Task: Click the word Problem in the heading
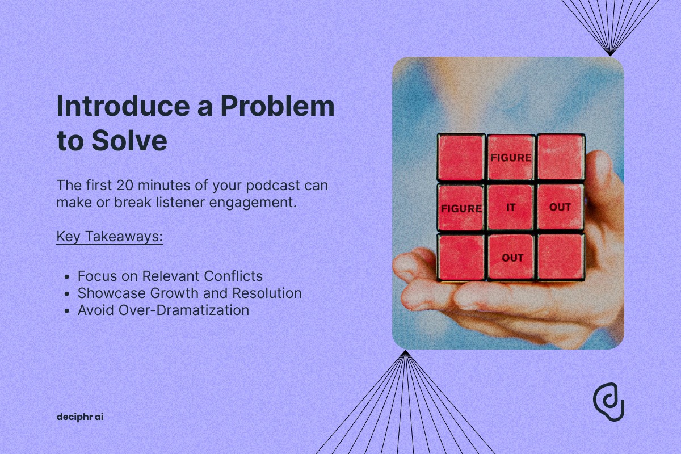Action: [278, 106]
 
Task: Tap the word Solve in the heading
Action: [129, 140]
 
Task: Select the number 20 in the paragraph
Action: [125, 186]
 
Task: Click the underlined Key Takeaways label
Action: [110, 237]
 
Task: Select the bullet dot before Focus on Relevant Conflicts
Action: [67, 277]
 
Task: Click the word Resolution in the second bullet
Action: [267, 293]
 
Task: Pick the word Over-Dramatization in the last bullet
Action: [184, 310]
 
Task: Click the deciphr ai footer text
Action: [80, 417]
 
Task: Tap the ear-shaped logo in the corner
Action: [608, 402]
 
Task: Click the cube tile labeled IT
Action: [511, 207]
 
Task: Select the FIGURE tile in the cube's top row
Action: [511, 158]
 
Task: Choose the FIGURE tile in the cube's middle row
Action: [461, 208]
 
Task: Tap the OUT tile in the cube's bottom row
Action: [511, 257]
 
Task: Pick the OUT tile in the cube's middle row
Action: [560, 207]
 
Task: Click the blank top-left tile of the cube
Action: [461, 158]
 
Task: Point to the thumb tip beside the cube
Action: [600, 161]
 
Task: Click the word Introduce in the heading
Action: [123, 106]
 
